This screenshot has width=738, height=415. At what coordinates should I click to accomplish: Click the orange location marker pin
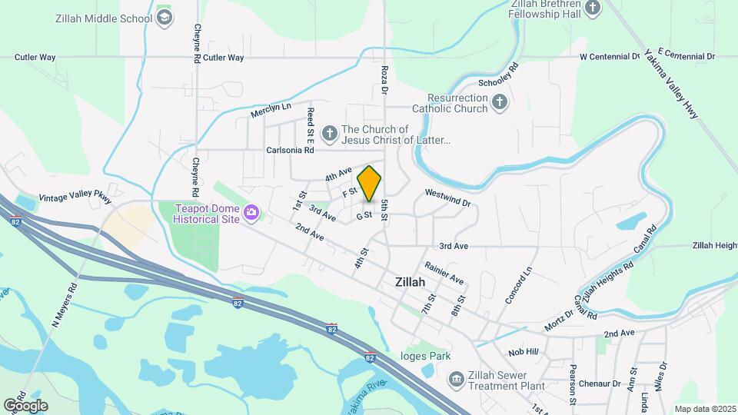point(370,183)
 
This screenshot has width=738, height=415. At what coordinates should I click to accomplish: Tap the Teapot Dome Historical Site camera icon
point(251,212)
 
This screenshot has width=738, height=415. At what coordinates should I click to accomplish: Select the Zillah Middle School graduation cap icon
point(163,18)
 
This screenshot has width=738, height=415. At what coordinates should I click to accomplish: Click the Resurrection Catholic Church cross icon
point(500,103)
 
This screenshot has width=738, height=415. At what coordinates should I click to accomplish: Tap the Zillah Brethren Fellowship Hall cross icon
point(592,8)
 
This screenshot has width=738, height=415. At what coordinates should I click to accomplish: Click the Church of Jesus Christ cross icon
point(329,134)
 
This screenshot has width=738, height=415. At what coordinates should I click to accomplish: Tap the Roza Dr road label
point(384,78)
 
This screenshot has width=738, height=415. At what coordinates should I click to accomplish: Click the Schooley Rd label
point(499,74)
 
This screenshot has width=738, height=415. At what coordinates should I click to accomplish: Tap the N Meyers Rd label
point(66,306)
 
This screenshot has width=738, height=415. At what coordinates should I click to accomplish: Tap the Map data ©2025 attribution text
point(705,409)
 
